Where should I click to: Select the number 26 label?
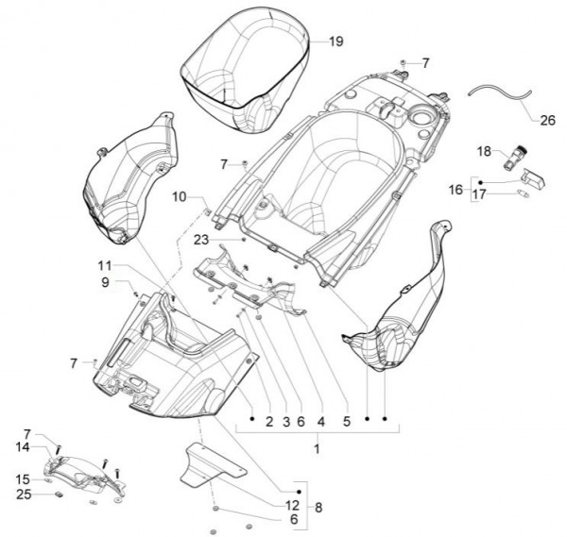pos(548,120)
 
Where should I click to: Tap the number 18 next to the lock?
pos(484,151)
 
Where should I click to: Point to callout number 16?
pos(455,190)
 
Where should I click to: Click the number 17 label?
pos(479,194)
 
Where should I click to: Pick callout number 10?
pos(180,196)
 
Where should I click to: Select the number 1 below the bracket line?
pos(318,449)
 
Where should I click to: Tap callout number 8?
pos(318,507)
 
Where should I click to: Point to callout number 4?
pos(320,421)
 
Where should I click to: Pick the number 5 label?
pos(346,421)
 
